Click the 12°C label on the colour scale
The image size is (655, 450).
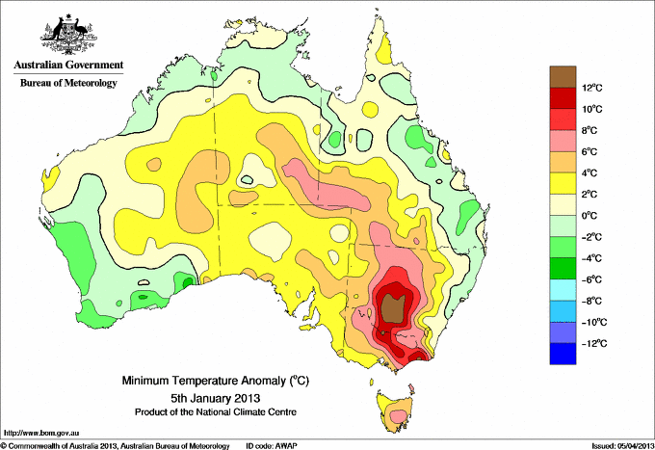tap(592, 88)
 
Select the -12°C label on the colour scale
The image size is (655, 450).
tap(592, 343)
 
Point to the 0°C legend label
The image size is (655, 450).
tap(589, 216)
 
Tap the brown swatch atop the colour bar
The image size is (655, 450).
tap(563, 77)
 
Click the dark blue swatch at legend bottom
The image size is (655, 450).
tap(563, 354)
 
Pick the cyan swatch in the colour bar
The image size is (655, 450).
tap(563, 290)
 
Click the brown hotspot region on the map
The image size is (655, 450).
tap(392, 308)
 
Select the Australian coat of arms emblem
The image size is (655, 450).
tap(69, 35)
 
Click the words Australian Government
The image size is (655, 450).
tap(68, 65)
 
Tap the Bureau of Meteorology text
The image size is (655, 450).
tap(68, 83)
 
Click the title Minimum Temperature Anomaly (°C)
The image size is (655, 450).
tap(215, 381)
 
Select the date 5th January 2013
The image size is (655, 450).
tap(215, 397)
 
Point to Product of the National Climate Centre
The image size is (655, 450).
tap(216, 412)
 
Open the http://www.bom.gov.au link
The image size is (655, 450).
tap(41, 433)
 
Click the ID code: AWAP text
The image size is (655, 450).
tap(272, 446)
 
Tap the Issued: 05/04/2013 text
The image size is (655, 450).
tap(623, 446)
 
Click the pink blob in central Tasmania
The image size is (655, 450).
tap(399, 415)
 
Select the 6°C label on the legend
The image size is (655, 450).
tap(589, 151)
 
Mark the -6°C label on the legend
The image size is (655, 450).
tap(591, 279)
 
